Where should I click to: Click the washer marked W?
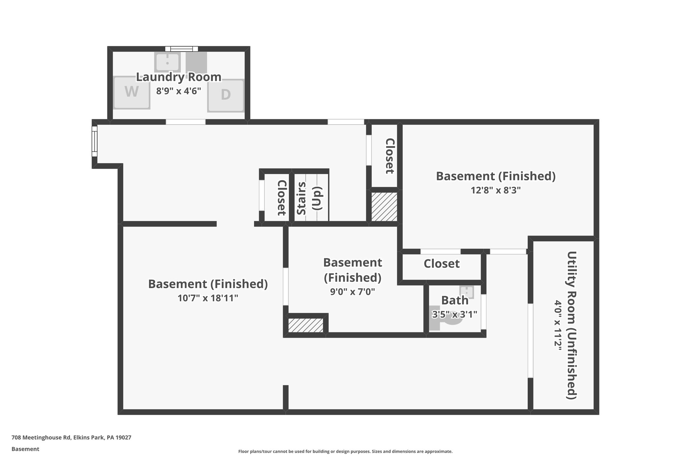point(132,93)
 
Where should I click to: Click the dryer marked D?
point(225,95)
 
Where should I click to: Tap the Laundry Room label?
point(178,77)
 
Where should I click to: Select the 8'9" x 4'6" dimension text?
point(178,91)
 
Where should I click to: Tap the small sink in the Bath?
point(467,292)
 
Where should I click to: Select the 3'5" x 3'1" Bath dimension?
point(454,314)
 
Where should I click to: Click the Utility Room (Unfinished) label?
point(571,325)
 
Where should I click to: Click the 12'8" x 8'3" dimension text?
point(496,190)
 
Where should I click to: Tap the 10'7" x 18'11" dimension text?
point(208,298)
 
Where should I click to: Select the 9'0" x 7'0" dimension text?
point(353,291)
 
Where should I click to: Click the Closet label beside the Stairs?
point(281,198)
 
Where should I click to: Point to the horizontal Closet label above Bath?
point(441,263)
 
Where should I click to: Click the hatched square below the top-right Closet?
point(384,207)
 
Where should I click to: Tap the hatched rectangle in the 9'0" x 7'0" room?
point(306,325)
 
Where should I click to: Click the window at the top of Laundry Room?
point(182,49)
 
